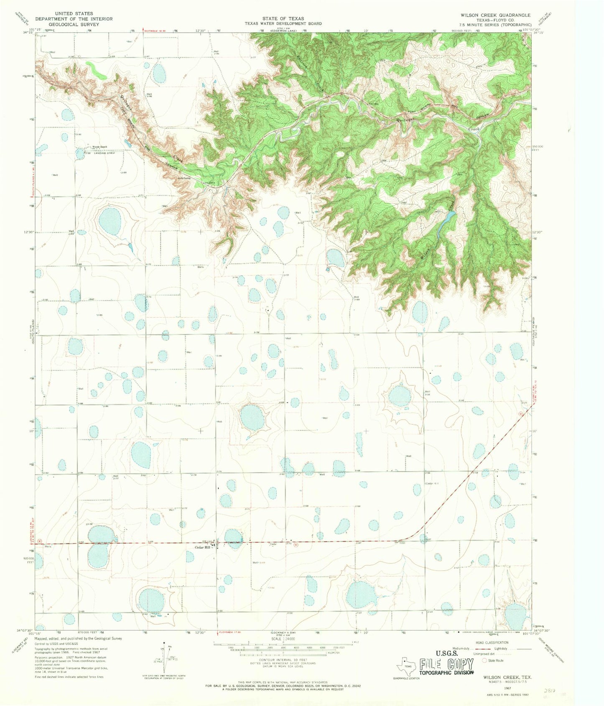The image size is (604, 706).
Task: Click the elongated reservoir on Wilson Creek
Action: coord(446,222)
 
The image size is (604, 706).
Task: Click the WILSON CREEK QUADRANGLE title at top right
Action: coord(495,15)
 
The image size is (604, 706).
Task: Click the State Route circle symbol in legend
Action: coord(484,661)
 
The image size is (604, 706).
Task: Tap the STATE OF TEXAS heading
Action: coord(283,18)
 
